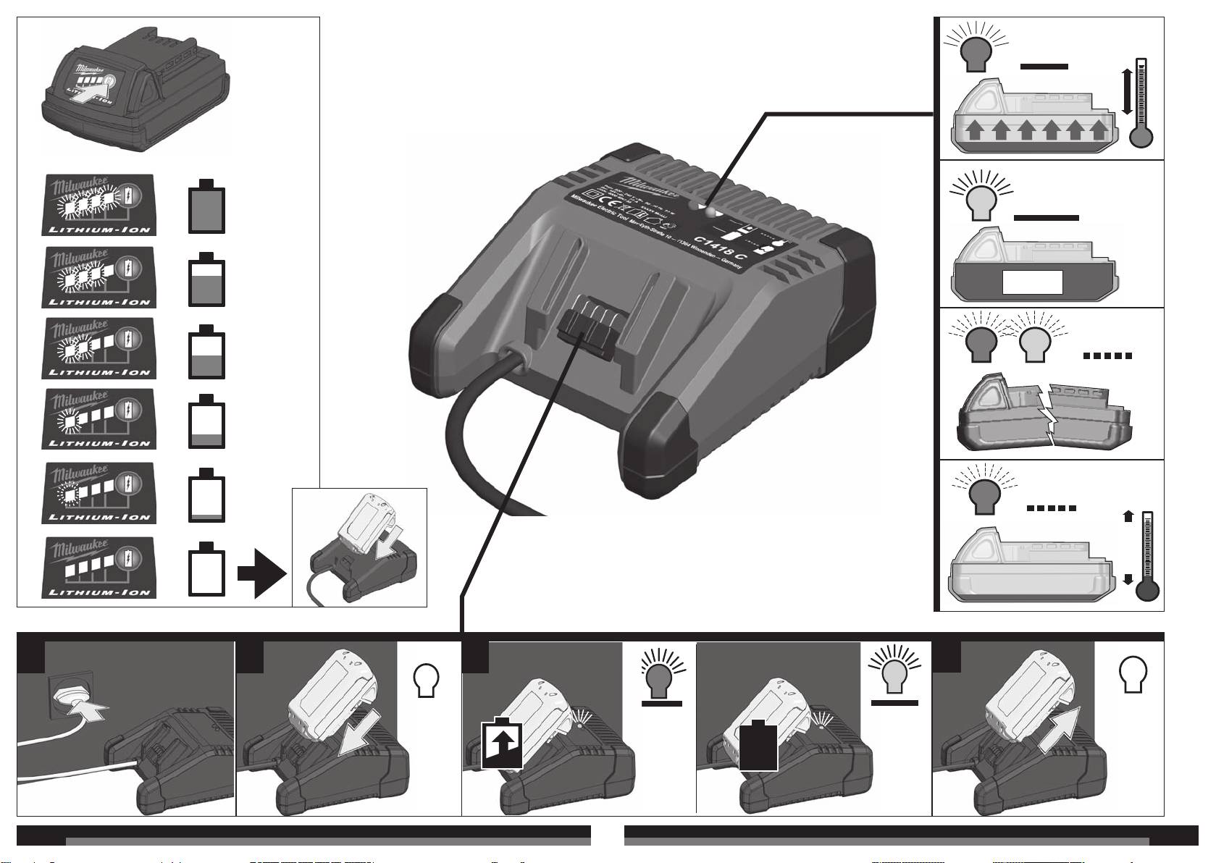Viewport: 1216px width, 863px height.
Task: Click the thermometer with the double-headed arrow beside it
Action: [x=1142, y=103]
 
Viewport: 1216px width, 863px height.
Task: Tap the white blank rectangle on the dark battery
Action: [x=1032, y=282]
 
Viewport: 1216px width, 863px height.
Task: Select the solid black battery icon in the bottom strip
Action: [x=758, y=745]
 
